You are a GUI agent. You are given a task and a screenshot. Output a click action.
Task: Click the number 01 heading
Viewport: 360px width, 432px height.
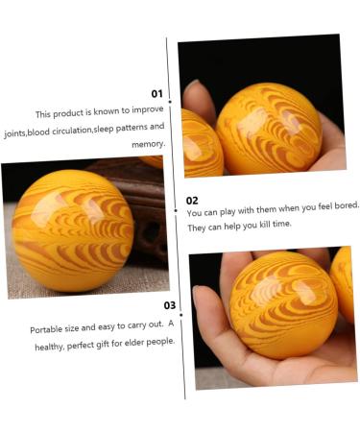click(156, 94)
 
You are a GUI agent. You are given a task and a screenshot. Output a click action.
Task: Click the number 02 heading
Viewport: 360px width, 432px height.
click(193, 200)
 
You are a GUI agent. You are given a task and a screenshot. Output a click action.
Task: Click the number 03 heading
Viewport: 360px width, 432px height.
click(169, 305)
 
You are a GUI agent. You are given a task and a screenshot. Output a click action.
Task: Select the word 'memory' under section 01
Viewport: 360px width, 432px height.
click(147, 143)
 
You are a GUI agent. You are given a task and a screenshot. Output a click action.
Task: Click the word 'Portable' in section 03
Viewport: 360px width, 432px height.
click(49, 329)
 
